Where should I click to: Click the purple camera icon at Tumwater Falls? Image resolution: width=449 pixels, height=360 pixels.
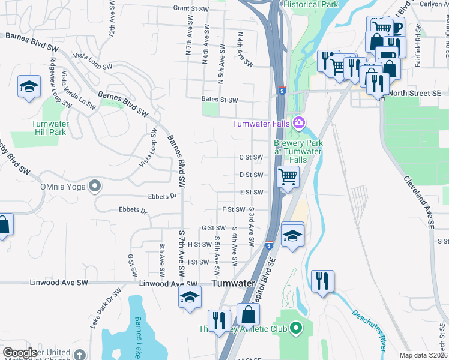pyautogui.click(x=299, y=124)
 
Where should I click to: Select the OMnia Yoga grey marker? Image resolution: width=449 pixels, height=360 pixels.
pyautogui.click(x=94, y=186)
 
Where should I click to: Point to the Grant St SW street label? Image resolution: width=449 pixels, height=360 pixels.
pyautogui.click(x=191, y=8)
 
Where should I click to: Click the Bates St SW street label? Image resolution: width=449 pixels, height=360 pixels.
pyautogui.click(x=220, y=100)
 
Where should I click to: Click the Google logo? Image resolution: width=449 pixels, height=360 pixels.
pyautogui.click(x=20, y=353)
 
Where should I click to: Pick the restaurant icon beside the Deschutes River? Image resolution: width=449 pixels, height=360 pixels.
pyautogui.click(x=322, y=280)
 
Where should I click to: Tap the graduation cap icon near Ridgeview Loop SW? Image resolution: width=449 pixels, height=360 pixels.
pyautogui.click(x=29, y=86)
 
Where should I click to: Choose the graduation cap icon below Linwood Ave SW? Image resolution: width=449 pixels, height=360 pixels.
pyautogui.click(x=190, y=296)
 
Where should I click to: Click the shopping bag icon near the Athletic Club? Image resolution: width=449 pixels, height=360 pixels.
pyautogui.click(x=248, y=314)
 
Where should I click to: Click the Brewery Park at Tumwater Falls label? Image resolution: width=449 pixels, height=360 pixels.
pyautogui.click(x=298, y=152)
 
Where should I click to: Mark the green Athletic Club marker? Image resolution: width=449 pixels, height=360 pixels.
pyautogui.click(x=295, y=328)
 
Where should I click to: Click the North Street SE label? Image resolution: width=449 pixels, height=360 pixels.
pyautogui.click(x=414, y=93)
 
